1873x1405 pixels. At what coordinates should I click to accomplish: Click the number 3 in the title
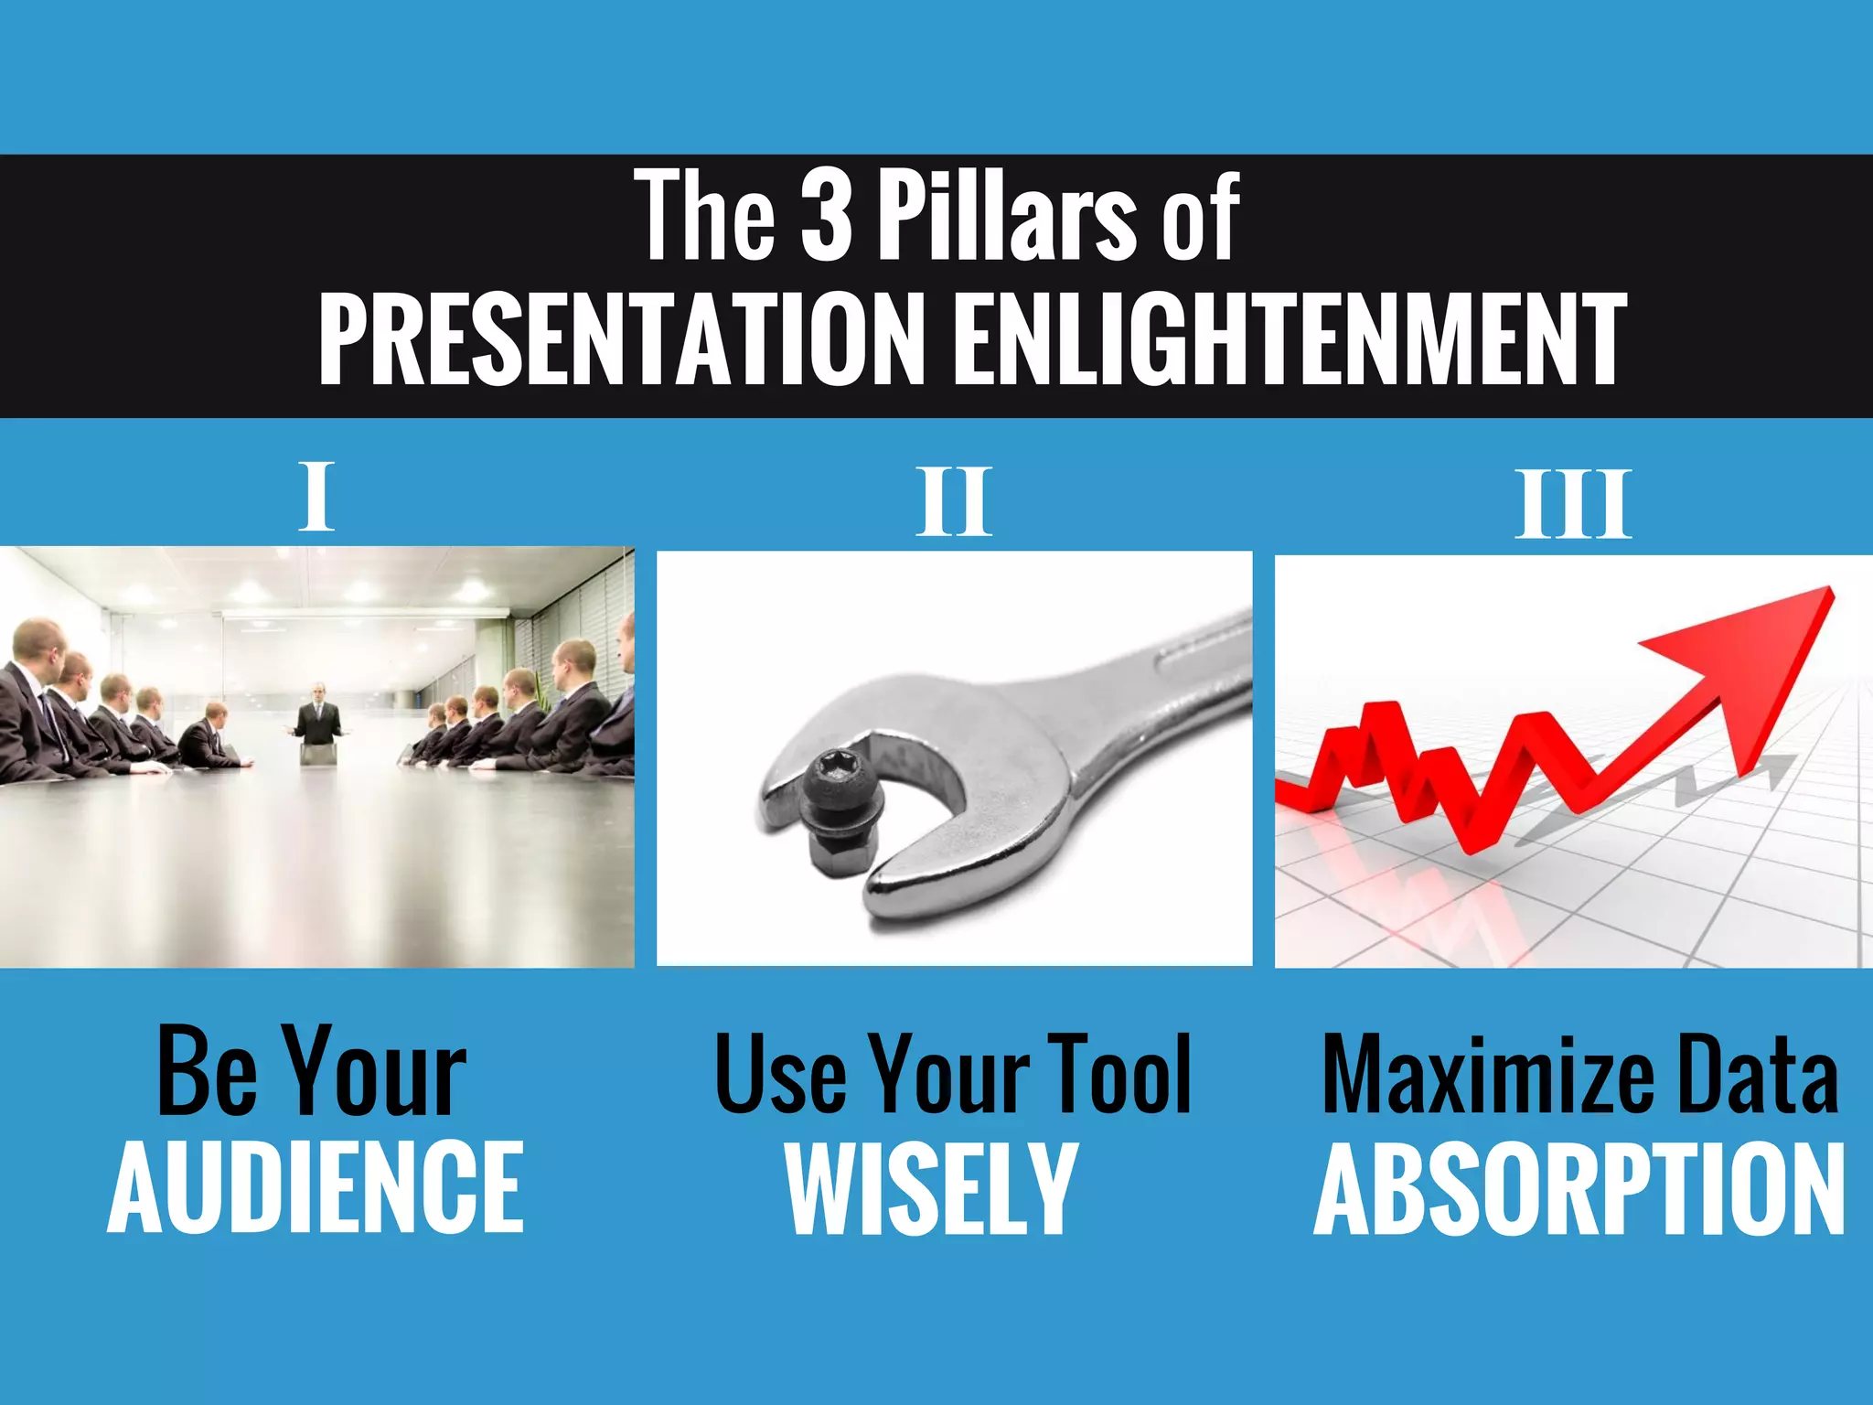(x=826, y=217)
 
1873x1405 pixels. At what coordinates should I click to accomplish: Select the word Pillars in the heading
(x=1007, y=217)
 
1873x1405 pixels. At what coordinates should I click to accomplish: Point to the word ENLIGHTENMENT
(x=1288, y=339)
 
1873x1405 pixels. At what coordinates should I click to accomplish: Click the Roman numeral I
(x=316, y=497)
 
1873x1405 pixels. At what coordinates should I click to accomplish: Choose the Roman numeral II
(x=954, y=501)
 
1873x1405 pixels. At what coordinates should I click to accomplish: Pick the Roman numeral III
(x=1573, y=504)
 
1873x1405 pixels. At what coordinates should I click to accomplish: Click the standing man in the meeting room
(x=317, y=718)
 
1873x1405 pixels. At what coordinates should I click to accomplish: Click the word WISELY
(x=932, y=1188)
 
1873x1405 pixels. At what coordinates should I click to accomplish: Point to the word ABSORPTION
(x=1579, y=1189)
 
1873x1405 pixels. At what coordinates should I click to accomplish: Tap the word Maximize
(x=1488, y=1077)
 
